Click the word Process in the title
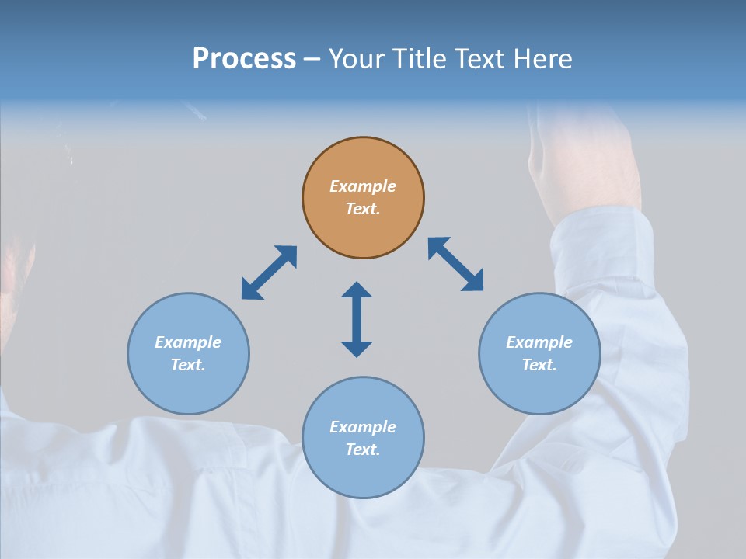[x=244, y=59]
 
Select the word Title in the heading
[x=421, y=59]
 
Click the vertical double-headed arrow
[x=357, y=319]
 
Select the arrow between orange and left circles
[x=269, y=273]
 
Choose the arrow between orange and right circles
[x=456, y=264]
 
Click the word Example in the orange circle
[x=363, y=186]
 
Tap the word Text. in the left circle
[x=188, y=365]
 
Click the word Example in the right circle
[x=539, y=342]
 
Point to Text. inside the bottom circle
[x=363, y=450]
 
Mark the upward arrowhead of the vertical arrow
[x=357, y=290]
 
